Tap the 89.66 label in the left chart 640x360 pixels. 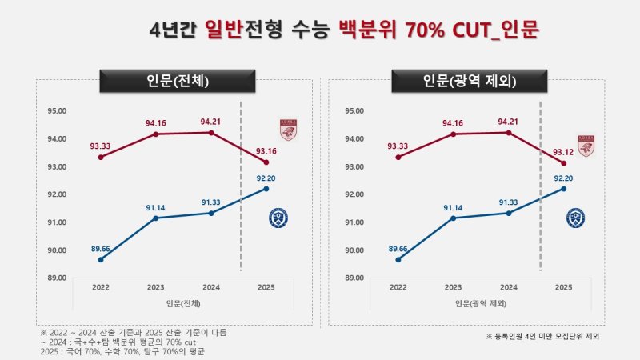[x=101, y=249]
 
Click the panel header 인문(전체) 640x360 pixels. [x=177, y=82]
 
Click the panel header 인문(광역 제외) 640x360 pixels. [x=469, y=82]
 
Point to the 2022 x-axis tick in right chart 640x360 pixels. [x=398, y=286]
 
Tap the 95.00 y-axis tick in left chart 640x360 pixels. [x=57, y=111]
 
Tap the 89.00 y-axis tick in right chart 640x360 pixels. [x=354, y=278]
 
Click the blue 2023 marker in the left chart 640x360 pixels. [x=156, y=218]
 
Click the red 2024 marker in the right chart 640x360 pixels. [x=509, y=132]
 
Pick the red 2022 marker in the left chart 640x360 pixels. [x=101, y=157]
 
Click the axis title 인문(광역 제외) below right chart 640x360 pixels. [x=481, y=303]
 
